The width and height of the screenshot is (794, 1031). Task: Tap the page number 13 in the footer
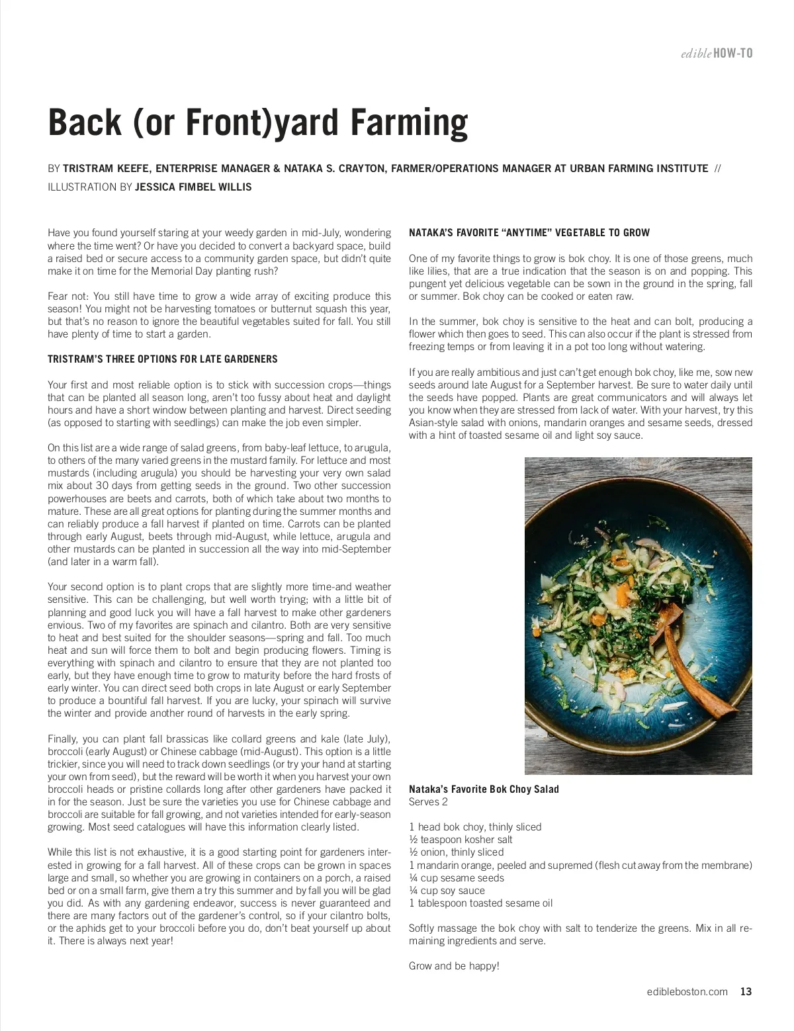(x=746, y=991)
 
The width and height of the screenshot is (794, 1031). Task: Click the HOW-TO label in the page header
(x=734, y=53)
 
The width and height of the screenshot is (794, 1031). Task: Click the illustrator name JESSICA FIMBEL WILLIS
(x=193, y=187)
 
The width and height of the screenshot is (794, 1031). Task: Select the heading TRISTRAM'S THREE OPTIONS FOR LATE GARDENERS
(x=163, y=359)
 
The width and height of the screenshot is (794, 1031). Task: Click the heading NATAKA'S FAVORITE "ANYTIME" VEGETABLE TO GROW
(x=529, y=233)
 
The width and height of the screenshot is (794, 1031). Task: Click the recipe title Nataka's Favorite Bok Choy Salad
(x=484, y=789)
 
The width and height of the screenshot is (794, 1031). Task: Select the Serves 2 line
(x=428, y=802)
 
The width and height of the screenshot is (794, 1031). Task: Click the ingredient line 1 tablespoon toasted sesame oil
(x=480, y=903)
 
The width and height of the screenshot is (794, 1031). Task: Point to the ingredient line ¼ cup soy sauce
(x=447, y=891)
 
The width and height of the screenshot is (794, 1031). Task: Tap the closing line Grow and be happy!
(x=454, y=966)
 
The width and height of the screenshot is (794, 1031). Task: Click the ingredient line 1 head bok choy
(x=475, y=827)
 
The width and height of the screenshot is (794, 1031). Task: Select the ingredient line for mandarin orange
(x=580, y=866)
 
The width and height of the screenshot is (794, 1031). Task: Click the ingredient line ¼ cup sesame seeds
(x=457, y=878)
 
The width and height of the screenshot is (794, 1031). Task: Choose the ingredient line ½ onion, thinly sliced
(x=456, y=852)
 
